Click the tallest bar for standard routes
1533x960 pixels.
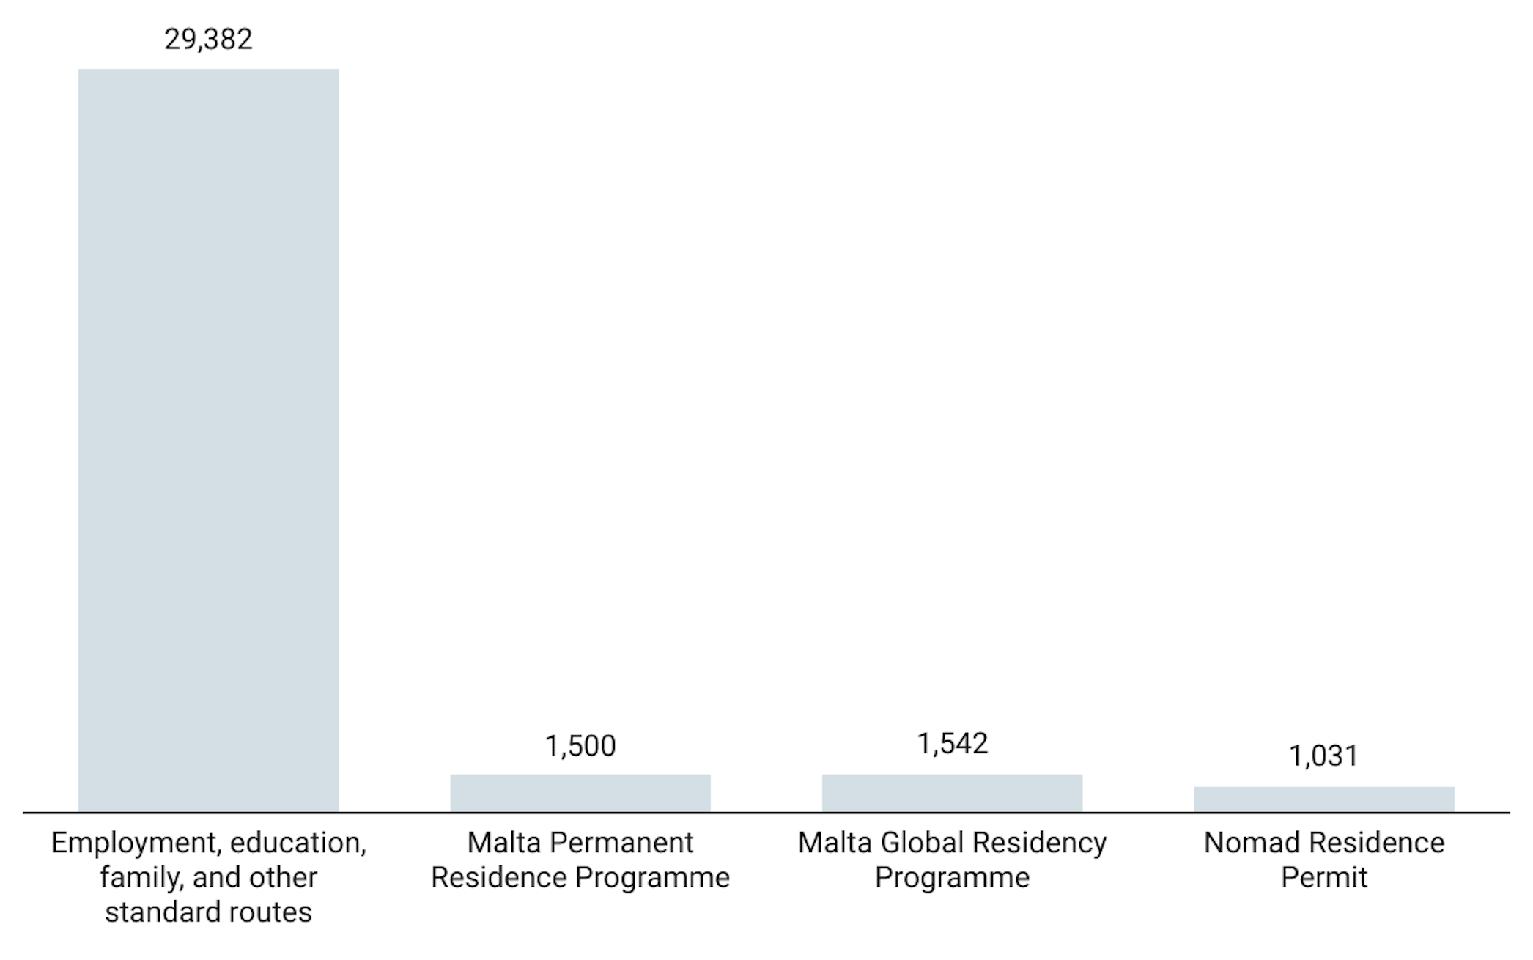[x=208, y=440]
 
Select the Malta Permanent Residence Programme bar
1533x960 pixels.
[x=580, y=793]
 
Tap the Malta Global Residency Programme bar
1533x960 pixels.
[x=952, y=793]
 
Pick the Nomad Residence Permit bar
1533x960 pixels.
[x=1323, y=800]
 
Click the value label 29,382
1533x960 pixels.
[x=208, y=39]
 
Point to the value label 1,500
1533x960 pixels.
[x=580, y=746]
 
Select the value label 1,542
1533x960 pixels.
[x=952, y=744]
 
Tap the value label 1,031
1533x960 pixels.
[x=1323, y=756]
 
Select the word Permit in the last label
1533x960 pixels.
[x=1323, y=878]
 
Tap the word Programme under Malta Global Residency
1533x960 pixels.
[x=952, y=878]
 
